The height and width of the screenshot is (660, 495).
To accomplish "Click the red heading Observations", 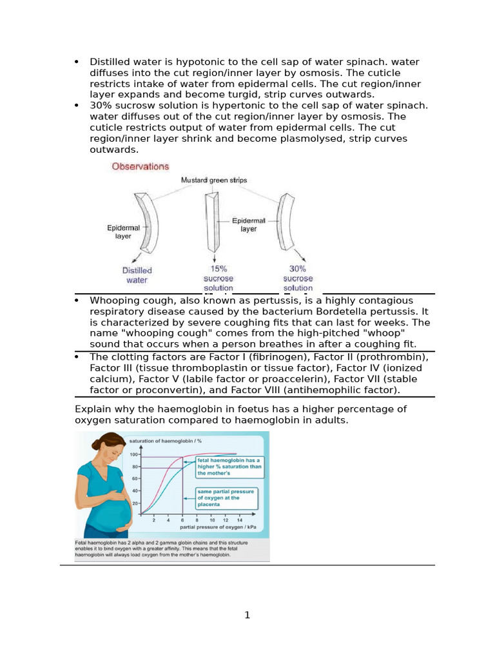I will pyautogui.click(x=140, y=166).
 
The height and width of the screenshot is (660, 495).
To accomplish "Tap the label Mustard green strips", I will pyautogui.click(x=213, y=180).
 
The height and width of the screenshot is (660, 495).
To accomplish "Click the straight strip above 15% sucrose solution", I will pyautogui.click(x=210, y=224).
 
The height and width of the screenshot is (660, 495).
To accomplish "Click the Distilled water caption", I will pyautogui.click(x=137, y=275).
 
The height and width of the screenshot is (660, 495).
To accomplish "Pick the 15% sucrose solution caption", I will pyautogui.click(x=218, y=278).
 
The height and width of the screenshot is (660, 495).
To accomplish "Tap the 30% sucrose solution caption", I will pyautogui.click(x=298, y=278).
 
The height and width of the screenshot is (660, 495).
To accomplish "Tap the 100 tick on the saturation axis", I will pyautogui.click(x=134, y=454).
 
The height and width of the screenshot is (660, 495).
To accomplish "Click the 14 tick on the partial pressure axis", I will pyautogui.click(x=240, y=519).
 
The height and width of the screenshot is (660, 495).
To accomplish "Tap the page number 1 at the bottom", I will pyautogui.click(x=247, y=616).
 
